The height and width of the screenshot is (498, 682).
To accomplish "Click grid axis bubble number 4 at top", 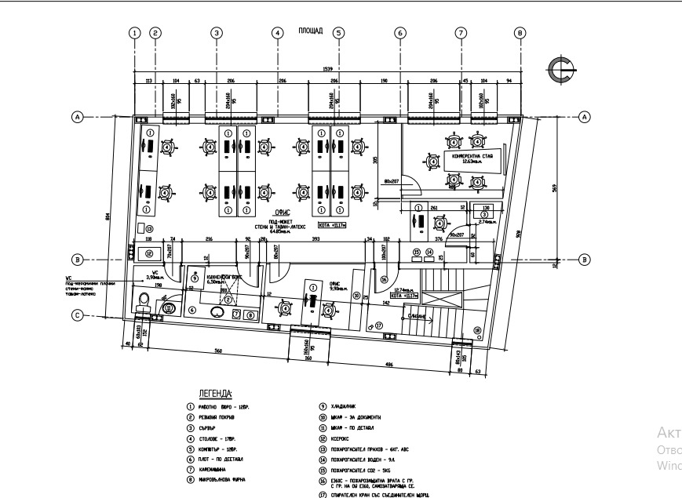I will pyautogui.click(x=277, y=33).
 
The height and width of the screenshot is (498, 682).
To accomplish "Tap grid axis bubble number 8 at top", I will pyautogui.click(x=520, y=33).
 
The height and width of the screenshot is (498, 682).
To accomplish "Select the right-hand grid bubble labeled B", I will pyautogui.click(x=584, y=259).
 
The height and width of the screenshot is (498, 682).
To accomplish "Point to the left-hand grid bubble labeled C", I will pyautogui.click(x=77, y=315).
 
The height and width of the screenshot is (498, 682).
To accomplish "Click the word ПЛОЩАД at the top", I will pyautogui.click(x=307, y=31).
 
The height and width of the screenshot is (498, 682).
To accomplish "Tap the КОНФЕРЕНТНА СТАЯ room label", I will pyautogui.click(x=470, y=157).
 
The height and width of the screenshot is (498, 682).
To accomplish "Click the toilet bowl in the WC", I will pyautogui.click(x=143, y=300).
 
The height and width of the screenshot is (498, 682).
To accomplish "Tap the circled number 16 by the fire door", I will pyautogui.click(x=384, y=278).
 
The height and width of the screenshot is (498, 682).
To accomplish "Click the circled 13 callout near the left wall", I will pyautogui.click(x=149, y=229).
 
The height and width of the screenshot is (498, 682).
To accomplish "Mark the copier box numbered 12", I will pyautogui.click(x=146, y=254).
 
